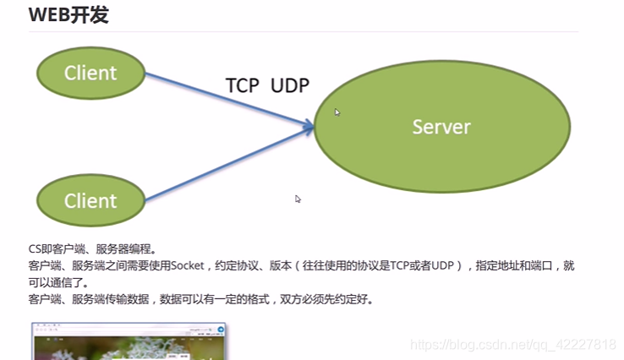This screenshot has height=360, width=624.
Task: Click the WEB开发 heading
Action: [x=68, y=15]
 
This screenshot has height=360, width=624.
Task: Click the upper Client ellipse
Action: [x=91, y=73]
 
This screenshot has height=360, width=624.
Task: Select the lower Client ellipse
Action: [x=91, y=200]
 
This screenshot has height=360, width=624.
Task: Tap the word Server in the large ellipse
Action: [x=441, y=127]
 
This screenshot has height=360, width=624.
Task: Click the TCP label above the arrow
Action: [x=243, y=85]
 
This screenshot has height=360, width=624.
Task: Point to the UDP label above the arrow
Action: [x=290, y=85]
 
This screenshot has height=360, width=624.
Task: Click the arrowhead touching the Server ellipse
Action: [x=309, y=126]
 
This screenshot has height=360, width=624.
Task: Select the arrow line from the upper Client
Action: [x=229, y=100]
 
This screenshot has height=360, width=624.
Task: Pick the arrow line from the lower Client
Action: [x=229, y=163]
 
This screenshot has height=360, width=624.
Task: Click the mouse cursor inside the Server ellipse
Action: [x=337, y=112]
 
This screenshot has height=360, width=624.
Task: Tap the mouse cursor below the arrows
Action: [x=298, y=199]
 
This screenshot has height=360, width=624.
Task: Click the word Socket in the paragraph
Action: [x=187, y=265]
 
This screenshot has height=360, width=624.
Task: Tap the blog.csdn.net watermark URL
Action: [x=513, y=345]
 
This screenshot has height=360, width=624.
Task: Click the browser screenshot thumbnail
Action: [x=129, y=341]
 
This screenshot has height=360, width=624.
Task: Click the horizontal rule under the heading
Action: [x=304, y=31]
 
